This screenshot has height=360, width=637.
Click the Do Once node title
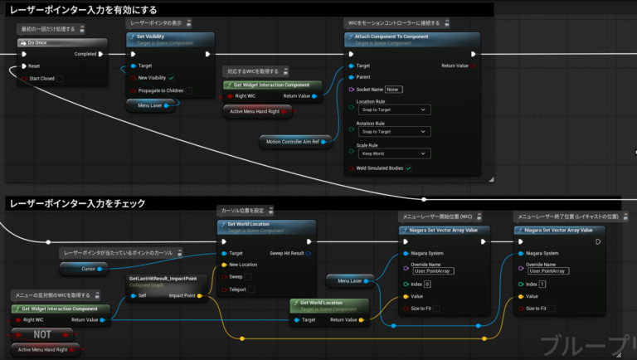click(x=37, y=41)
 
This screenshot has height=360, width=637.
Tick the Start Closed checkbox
click(x=59, y=78)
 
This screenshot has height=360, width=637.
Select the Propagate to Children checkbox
click(x=189, y=90)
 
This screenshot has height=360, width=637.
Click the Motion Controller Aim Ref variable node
click(x=298, y=140)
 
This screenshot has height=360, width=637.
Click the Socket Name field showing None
click(x=392, y=89)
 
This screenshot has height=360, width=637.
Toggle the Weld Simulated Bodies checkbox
click(x=408, y=168)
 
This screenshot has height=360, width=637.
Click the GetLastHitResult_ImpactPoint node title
click(x=163, y=280)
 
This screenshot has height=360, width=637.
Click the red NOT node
click(x=41, y=334)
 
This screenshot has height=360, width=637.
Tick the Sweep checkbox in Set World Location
click(x=248, y=277)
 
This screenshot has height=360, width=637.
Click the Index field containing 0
click(x=427, y=284)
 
